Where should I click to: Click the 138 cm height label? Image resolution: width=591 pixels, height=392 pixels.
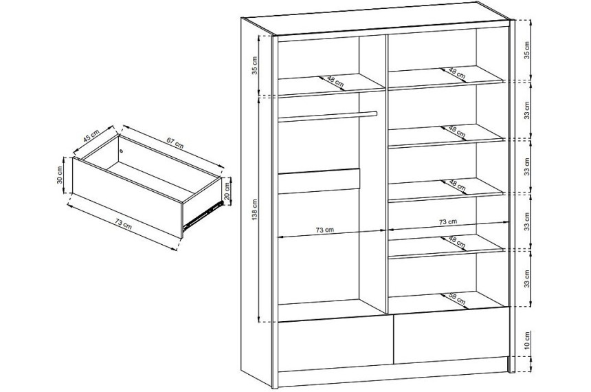coord(255,210)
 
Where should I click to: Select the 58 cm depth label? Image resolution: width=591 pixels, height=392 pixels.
coord(457,298)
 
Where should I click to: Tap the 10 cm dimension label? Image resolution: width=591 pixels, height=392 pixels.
coord(527,340)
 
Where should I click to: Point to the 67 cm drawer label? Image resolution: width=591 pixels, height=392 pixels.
coord(175,144)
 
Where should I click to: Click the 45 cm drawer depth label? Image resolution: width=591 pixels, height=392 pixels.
coord(91,135)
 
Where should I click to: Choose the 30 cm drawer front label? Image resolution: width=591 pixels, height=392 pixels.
coord(59,175)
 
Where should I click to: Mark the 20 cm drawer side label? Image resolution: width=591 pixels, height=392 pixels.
coord(227,191)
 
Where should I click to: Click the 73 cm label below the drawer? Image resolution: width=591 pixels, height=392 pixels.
coord(123,224)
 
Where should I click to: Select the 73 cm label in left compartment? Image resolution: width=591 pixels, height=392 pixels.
coord(324,230)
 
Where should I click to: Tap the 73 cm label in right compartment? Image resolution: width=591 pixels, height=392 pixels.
coord(448,222)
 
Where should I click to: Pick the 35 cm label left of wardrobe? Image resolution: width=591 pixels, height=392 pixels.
coord(255,65)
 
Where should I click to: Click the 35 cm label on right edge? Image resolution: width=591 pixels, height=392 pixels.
coord(527,50)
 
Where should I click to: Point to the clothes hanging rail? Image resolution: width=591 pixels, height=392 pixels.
coord(328,116)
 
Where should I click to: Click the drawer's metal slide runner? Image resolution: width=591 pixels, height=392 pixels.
coord(203,215)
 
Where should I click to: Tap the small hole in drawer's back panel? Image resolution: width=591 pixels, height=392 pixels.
coord(122,151)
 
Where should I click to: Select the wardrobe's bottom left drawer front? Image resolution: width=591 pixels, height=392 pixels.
coord(335,345)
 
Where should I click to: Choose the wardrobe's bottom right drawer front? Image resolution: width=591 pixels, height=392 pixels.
coord(451,336)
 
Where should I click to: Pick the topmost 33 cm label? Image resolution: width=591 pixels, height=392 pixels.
coord(527,110)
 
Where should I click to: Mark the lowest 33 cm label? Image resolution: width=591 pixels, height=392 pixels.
coord(527,279)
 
